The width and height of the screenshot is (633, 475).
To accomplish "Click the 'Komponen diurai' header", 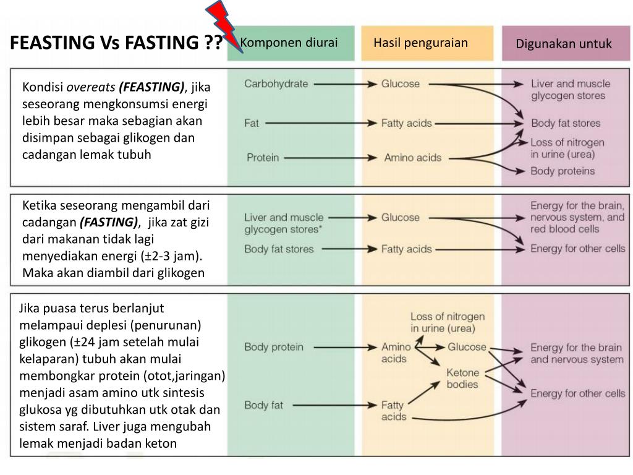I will (x=289, y=43).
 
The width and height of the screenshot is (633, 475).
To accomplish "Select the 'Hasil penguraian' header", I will (x=420, y=43).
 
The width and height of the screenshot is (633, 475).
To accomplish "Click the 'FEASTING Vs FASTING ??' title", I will (x=117, y=43).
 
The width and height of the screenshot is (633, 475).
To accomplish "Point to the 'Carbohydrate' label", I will (x=276, y=83).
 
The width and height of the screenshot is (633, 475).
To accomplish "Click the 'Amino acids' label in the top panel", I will (x=412, y=157).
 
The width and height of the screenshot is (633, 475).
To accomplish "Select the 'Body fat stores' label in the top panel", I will (x=565, y=123).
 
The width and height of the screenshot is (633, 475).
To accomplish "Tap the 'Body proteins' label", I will (x=563, y=171).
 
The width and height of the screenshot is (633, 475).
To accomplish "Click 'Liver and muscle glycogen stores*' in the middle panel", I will (x=284, y=223).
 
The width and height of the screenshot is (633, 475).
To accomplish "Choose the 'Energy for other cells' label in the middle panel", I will (x=578, y=249).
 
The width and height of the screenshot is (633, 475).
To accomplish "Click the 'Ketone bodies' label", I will (x=462, y=378).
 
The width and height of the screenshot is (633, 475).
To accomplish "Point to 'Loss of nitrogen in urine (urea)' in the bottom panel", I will (x=448, y=322).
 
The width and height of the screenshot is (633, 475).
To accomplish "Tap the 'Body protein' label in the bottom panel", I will (x=274, y=347).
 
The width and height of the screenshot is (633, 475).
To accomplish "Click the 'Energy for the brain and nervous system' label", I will (x=577, y=353).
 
